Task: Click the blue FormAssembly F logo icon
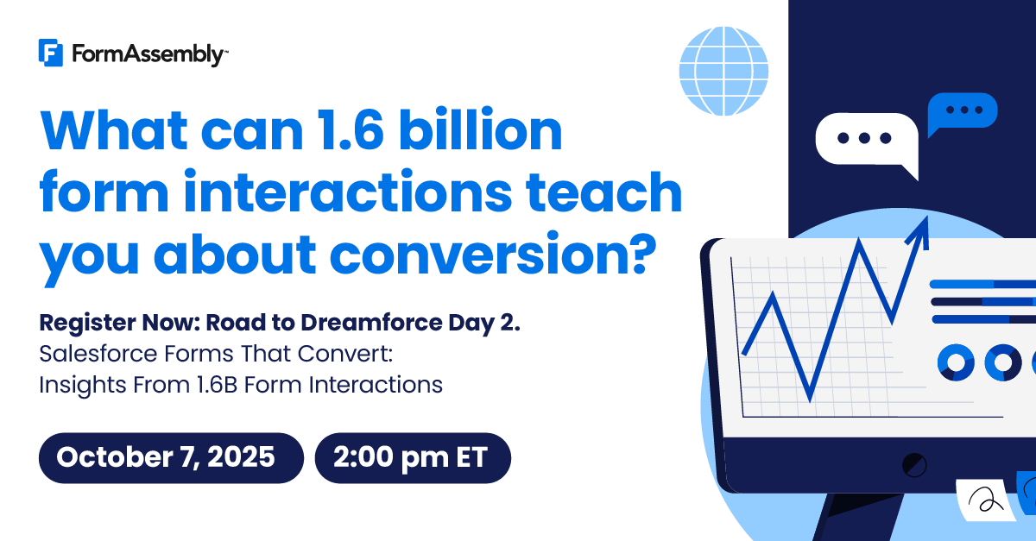point(50,53)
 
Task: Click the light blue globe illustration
point(723,72)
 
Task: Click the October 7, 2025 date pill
point(171,458)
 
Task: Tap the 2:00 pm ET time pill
point(413,458)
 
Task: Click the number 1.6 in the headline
point(351,130)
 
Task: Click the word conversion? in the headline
point(493,254)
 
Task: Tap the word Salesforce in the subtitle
point(98,354)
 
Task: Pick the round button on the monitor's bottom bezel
point(914,465)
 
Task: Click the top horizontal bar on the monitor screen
point(982,284)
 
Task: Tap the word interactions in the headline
point(348,192)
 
